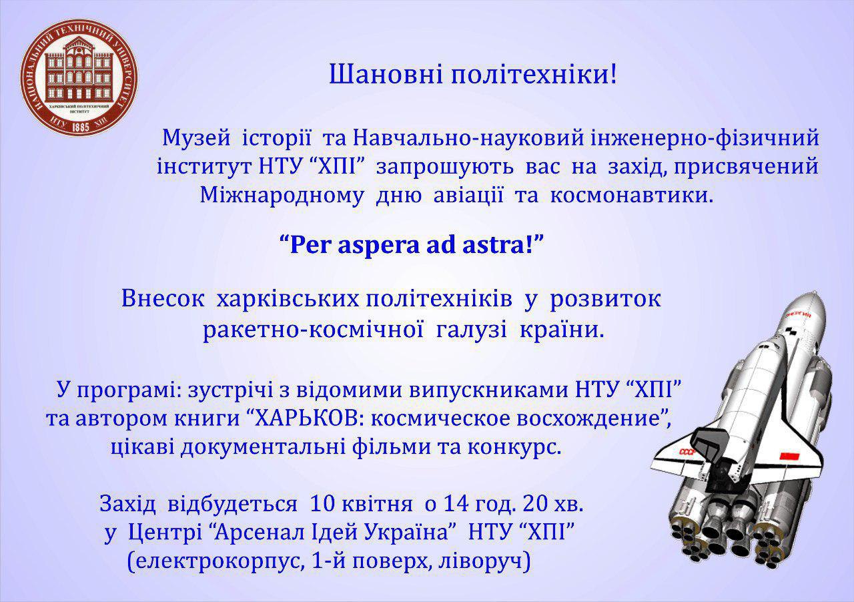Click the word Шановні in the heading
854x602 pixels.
point(386,74)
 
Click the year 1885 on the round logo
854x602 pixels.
point(79,125)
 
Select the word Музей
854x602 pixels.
point(196,137)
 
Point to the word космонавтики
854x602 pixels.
point(631,196)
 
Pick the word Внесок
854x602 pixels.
point(163,300)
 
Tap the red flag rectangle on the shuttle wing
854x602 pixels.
point(791,455)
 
